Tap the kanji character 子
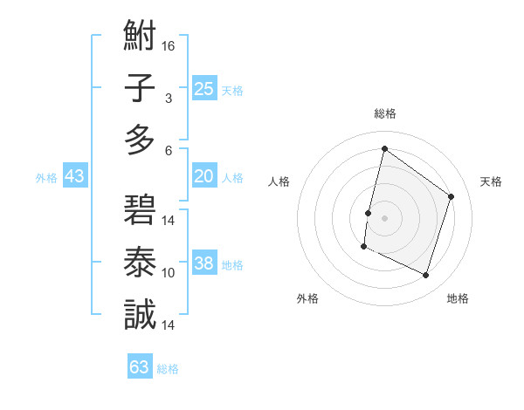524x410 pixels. pyautogui.click(x=140, y=90)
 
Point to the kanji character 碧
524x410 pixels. pyautogui.click(x=140, y=213)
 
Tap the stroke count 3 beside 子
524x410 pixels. pyautogui.click(x=169, y=98)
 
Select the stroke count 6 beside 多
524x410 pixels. pyautogui.click(x=169, y=150)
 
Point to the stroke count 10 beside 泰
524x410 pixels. pyautogui.click(x=169, y=272)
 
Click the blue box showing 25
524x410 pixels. pyautogui.click(x=203, y=88)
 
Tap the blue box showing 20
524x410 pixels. pyautogui.click(x=203, y=176)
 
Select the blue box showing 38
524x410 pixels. pyautogui.click(x=203, y=264)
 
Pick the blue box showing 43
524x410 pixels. pyautogui.click(x=74, y=176)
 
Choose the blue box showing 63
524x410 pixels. pyautogui.click(x=140, y=367)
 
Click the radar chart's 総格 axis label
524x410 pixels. pyautogui.click(x=384, y=114)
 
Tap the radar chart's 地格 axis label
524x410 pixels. pyautogui.click(x=458, y=298)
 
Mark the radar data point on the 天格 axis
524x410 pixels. pyautogui.click(x=452, y=196)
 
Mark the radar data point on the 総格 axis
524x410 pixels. pyautogui.click(x=384, y=148)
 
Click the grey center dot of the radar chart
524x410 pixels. pyautogui.click(x=384, y=217)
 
